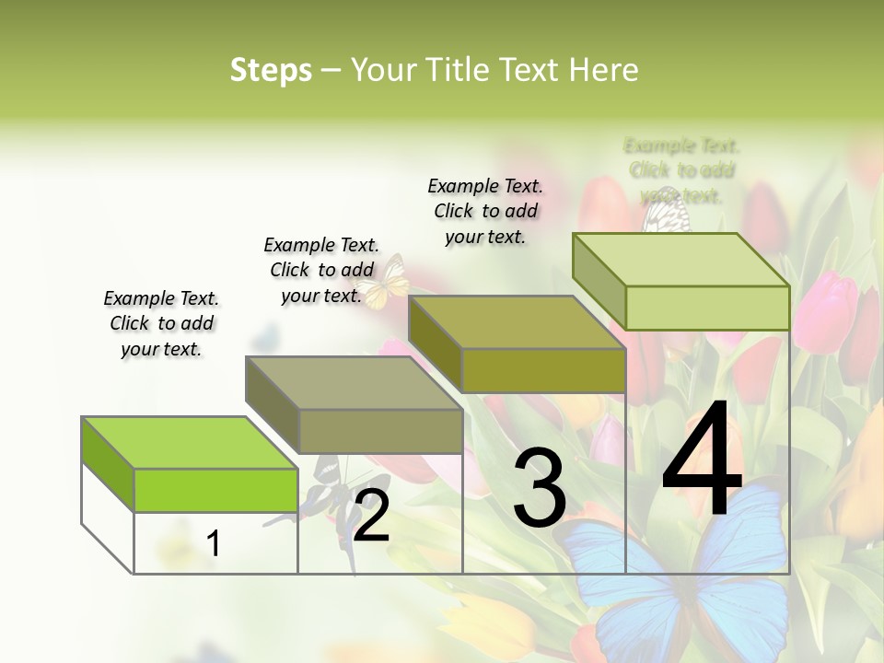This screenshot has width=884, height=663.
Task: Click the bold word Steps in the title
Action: tap(271, 70)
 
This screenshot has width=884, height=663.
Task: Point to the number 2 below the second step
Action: tap(372, 518)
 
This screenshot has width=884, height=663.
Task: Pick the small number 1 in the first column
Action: tap(214, 543)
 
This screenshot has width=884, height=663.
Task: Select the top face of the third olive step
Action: tap(517, 323)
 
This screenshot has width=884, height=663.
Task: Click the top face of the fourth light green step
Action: tap(680, 260)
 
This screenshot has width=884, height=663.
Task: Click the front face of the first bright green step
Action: tap(215, 490)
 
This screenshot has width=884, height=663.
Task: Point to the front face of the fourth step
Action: tap(707, 308)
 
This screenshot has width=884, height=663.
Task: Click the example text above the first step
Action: tap(161, 323)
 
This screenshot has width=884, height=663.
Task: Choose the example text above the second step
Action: tap(321, 270)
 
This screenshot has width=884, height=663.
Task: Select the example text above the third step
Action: tap(485, 211)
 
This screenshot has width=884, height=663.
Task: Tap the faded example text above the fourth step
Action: tap(681, 170)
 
